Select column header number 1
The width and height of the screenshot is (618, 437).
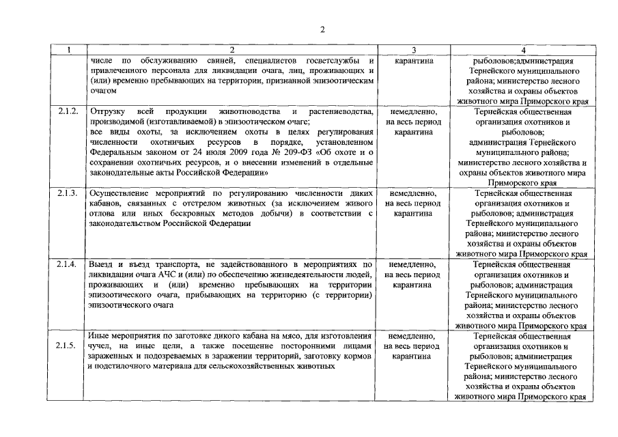coord(68,50)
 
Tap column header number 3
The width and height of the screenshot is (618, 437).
coord(414,50)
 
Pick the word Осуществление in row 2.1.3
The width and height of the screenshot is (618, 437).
coord(120,193)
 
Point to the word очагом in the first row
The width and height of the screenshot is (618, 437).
coord(102,90)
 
